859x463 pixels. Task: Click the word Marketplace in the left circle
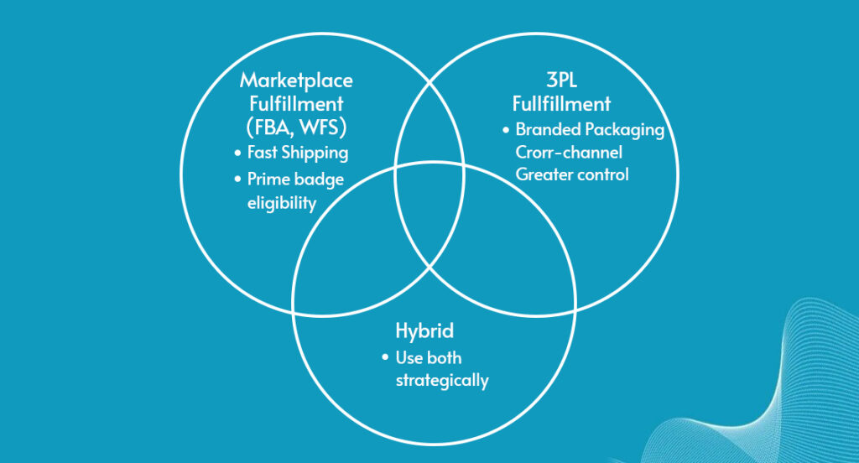(296, 81)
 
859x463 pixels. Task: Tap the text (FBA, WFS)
(296, 127)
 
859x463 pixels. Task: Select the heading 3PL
(561, 80)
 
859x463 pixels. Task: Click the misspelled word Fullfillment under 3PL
(561, 103)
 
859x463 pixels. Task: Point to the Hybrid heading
(424, 331)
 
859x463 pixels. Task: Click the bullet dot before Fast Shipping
(237, 153)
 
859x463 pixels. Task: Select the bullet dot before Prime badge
(237, 179)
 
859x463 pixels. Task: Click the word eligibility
(282, 203)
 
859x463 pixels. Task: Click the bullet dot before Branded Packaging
(506, 130)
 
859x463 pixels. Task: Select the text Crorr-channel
(569, 152)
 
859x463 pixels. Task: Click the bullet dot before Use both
(385, 357)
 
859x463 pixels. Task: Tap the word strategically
(442, 380)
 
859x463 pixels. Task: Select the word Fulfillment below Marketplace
(296, 103)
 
